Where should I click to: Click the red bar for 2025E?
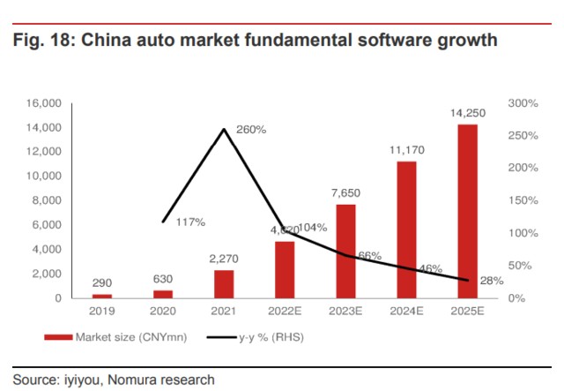point(467,212)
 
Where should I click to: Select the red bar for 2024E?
point(406,229)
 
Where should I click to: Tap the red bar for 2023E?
point(346,252)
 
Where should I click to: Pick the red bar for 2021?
point(225,284)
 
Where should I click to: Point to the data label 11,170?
point(406,150)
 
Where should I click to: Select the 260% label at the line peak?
point(251,130)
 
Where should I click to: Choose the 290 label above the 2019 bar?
point(103,282)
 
